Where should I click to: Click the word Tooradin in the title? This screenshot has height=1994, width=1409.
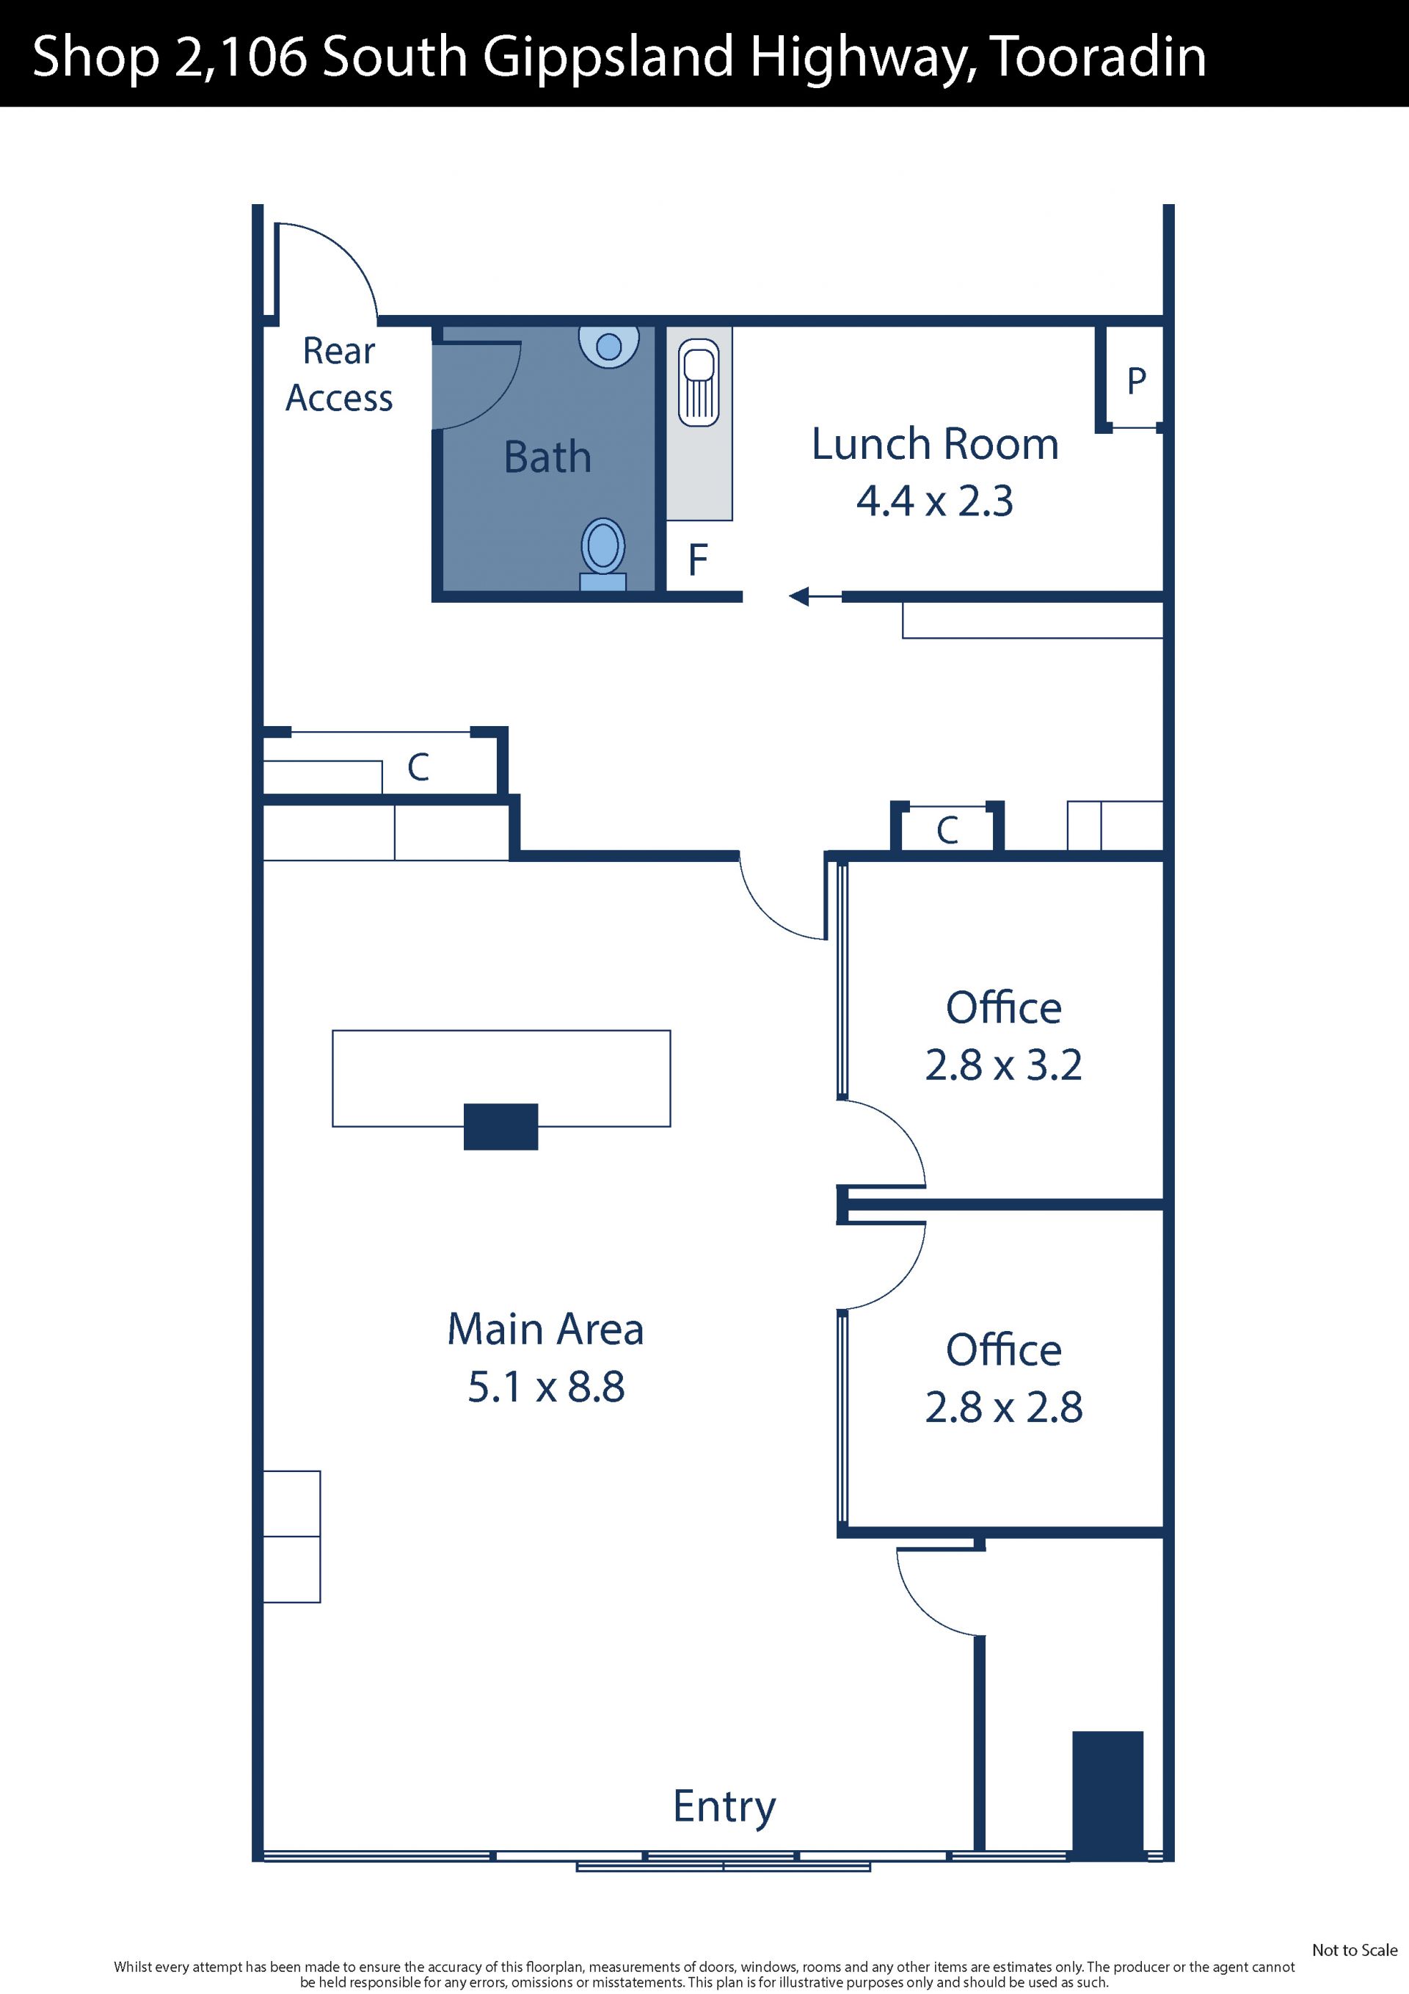(x=1097, y=57)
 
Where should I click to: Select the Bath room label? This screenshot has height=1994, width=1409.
(x=547, y=457)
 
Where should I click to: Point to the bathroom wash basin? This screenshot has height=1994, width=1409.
(x=609, y=347)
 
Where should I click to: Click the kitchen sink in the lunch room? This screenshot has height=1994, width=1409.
(x=699, y=383)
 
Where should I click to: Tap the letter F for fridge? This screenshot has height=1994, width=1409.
(x=698, y=560)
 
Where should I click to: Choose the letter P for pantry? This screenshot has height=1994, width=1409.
(x=1137, y=380)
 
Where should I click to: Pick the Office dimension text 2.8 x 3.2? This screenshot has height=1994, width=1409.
(x=1004, y=1065)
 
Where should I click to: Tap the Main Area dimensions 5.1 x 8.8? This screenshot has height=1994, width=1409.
(x=546, y=1387)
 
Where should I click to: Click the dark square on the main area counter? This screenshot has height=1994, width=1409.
(x=501, y=1126)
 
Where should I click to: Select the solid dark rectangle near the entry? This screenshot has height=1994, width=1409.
(x=1108, y=1795)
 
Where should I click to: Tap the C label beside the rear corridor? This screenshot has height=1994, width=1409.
(x=418, y=768)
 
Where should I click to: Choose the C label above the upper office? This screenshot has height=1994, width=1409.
(x=947, y=831)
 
